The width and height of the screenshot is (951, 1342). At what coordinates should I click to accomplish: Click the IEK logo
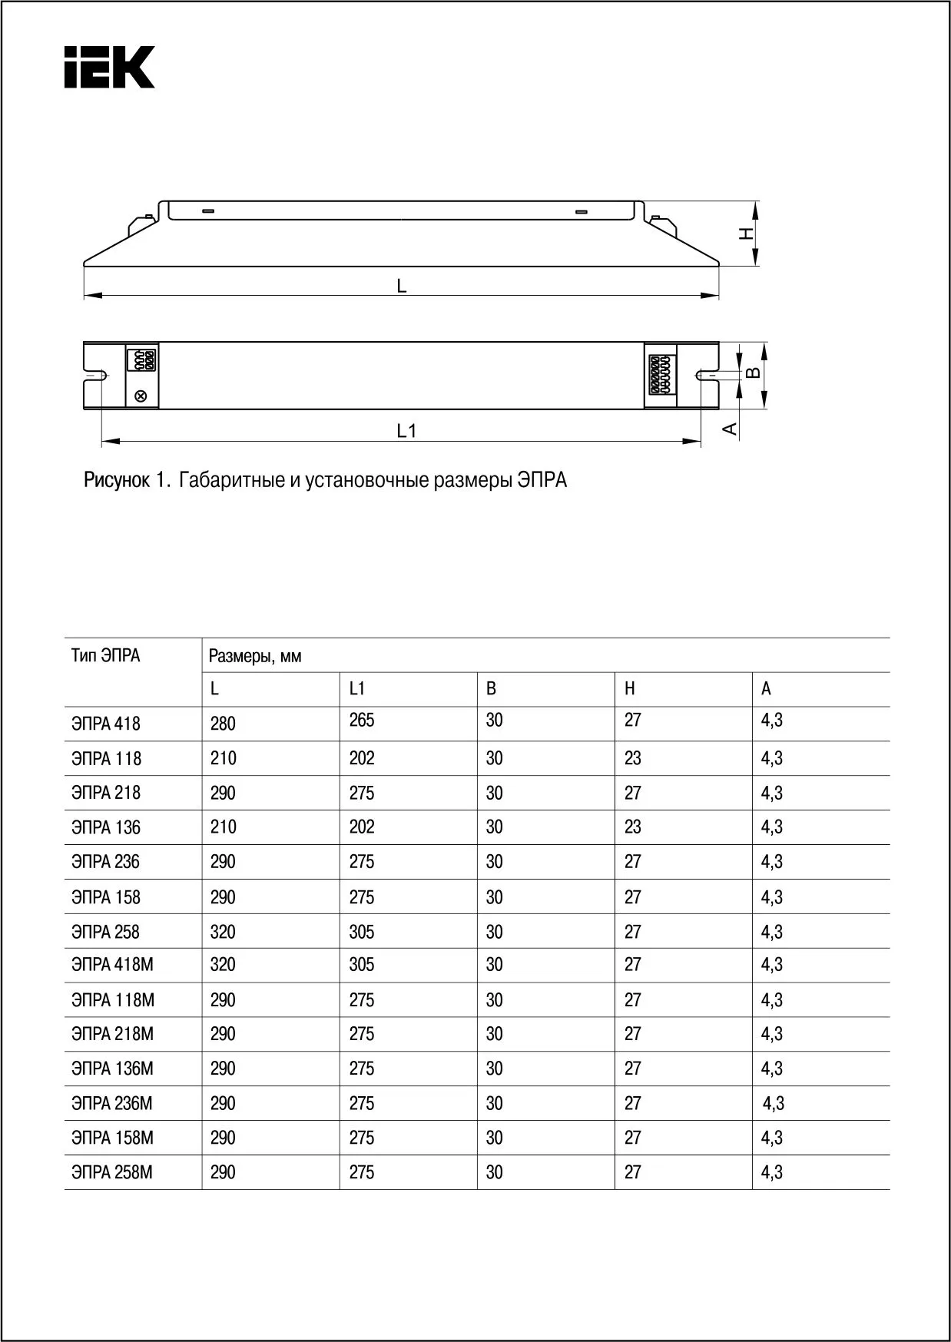click(x=109, y=68)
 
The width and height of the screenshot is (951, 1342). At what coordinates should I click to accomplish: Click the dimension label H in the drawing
click(x=746, y=233)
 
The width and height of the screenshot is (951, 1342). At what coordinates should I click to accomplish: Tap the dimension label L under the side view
click(x=401, y=286)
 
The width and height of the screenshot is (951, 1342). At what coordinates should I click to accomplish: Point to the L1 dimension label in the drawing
click(x=406, y=431)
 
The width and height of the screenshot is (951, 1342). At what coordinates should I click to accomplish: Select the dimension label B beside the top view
click(x=754, y=373)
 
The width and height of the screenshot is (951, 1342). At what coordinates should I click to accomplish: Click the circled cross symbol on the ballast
click(x=141, y=396)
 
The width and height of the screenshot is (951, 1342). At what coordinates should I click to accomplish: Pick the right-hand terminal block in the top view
click(x=660, y=374)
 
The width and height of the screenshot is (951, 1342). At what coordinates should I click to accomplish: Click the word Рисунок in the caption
click(x=117, y=481)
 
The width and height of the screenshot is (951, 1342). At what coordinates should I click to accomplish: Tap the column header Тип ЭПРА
click(x=106, y=656)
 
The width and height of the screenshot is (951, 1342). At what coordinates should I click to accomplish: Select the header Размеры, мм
click(x=255, y=656)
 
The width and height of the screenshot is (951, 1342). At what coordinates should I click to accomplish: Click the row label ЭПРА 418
click(x=106, y=724)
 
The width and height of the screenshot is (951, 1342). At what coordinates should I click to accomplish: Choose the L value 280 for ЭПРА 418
click(x=223, y=724)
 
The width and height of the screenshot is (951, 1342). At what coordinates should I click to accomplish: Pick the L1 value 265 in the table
click(x=362, y=721)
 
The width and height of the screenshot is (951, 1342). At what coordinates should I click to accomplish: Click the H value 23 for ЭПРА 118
click(x=632, y=758)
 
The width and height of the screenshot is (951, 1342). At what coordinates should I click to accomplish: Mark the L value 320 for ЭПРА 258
click(x=223, y=932)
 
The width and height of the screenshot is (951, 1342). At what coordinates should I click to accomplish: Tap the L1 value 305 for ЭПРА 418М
click(x=362, y=965)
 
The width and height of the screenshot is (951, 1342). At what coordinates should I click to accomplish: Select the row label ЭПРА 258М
click(x=112, y=1172)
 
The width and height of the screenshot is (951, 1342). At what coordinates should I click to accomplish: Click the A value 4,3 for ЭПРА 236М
click(x=773, y=1104)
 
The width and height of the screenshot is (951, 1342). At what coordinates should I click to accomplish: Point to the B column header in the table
click(x=491, y=689)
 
